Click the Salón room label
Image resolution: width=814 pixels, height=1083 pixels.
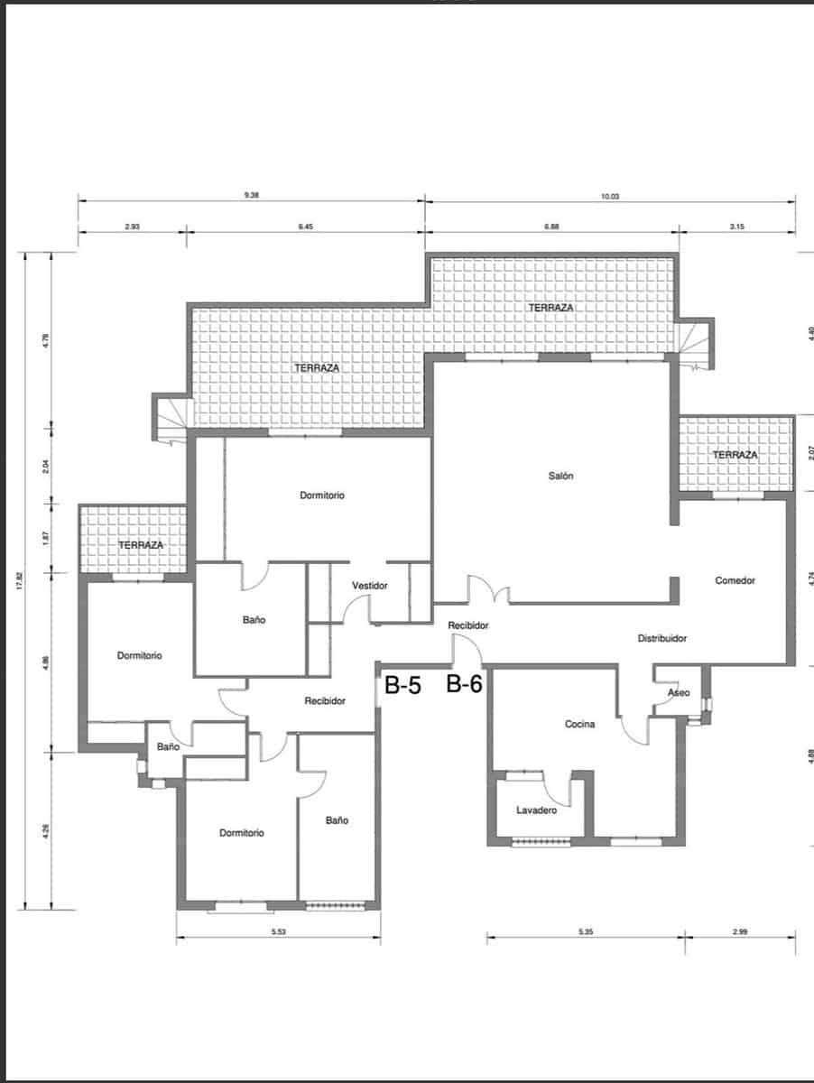(560, 476)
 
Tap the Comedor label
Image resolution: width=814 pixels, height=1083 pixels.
(735, 580)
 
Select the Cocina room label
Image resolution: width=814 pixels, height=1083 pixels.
(579, 724)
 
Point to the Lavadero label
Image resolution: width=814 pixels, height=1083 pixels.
(536, 810)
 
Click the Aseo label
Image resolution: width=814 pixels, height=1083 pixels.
(679, 693)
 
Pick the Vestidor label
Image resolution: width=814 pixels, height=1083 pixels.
(369, 586)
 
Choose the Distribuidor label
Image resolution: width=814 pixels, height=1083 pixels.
(662, 638)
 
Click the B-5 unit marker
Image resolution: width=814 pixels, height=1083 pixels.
(402, 685)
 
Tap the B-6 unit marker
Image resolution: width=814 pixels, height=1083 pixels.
(464, 684)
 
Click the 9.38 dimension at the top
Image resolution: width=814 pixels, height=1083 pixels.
(252, 195)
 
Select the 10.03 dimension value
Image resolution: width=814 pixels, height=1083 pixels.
(610, 197)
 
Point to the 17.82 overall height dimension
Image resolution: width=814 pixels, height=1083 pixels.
(20, 580)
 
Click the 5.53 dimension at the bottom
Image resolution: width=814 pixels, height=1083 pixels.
(279, 932)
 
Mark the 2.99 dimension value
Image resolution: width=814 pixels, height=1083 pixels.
(740, 931)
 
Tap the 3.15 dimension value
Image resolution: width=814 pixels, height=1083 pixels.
(737, 227)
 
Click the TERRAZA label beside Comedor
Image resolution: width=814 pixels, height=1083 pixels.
(735, 455)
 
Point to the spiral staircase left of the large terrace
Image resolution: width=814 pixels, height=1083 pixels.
(171, 419)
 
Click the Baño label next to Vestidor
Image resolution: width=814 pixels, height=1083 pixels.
(254, 620)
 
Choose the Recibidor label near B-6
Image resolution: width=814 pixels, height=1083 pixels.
(467, 625)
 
